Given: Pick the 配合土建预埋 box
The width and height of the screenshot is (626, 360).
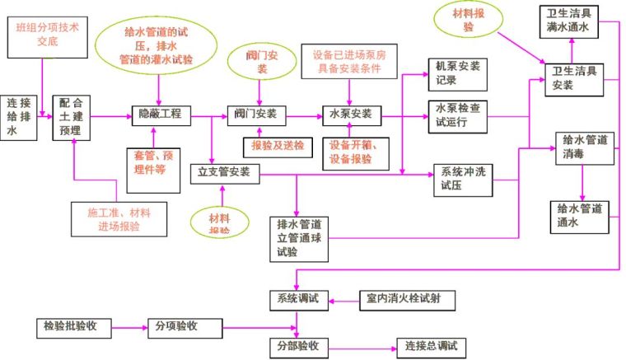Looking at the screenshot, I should pyautogui.click(x=72, y=116).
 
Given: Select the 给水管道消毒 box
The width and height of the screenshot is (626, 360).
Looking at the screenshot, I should pyautogui.click(x=582, y=147).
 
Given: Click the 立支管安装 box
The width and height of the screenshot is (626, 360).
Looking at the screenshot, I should pyautogui.click(x=224, y=173).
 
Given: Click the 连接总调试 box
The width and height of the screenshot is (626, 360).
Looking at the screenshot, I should pyautogui.click(x=431, y=345).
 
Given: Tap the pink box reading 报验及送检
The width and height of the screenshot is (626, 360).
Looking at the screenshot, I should pyautogui.click(x=271, y=146).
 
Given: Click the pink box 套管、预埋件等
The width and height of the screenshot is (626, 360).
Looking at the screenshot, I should pyautogui.click(x=155, y=162).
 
